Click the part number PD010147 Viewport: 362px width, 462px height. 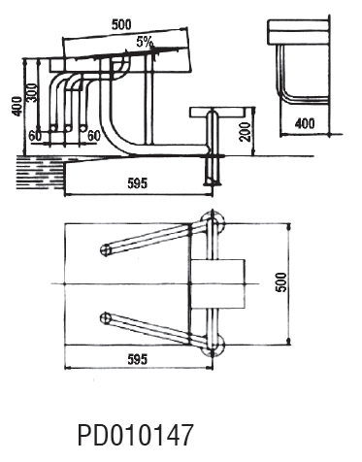click(x=135, y=435)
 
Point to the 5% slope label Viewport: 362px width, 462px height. click(x=145, y=42)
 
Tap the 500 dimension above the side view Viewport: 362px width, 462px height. click(x=121, y=25)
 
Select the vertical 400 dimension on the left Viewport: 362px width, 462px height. click(x=16, y=106)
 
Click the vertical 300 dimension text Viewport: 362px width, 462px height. click(x=32, y=93)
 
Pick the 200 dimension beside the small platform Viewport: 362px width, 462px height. click(x=246, y=132)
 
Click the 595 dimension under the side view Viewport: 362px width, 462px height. click(x=138, y=183)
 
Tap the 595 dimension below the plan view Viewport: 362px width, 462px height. click(x=138, y=359)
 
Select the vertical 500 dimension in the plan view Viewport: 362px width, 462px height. click(x=281, y=282)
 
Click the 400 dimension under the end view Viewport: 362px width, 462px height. click(x=305, y=123)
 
